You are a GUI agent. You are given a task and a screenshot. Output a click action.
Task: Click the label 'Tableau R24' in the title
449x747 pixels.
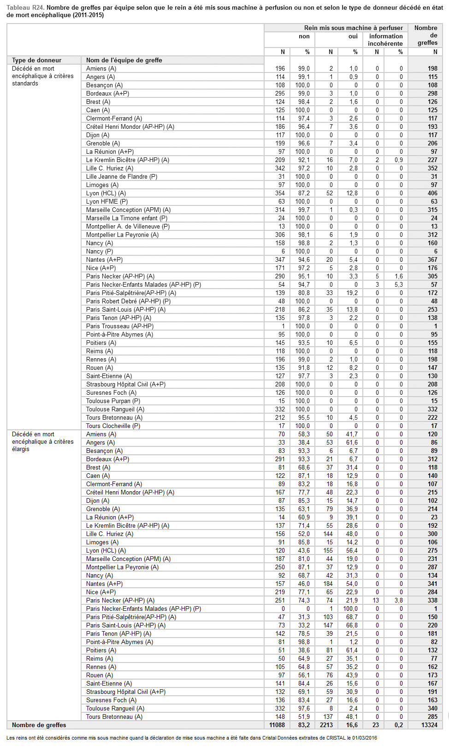pos(25,8)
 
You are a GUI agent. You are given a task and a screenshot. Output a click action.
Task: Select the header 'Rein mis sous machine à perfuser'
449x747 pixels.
pos(353,28)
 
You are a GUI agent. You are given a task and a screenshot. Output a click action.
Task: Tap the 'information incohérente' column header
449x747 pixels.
pos(385,40)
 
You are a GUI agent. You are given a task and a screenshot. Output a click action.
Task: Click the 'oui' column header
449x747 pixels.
pos(353,36)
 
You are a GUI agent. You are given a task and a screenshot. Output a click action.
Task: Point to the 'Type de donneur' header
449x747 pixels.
pos(36,60)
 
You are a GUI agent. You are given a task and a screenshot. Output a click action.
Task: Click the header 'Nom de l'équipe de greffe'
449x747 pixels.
pos(124,60)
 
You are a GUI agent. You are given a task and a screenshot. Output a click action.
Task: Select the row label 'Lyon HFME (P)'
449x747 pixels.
pos(107,202)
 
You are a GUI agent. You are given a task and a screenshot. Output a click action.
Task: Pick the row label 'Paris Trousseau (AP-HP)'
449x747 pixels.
pos(119,326)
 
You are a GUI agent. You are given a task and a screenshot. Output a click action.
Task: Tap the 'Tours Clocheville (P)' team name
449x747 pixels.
pos(113,426)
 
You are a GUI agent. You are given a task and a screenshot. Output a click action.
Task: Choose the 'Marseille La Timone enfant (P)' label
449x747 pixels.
pos(127,218)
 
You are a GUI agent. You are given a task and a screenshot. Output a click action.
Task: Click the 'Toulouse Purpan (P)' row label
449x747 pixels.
pos(113,401)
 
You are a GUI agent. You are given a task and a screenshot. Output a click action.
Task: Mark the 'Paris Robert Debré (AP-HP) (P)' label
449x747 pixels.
pos(128,301)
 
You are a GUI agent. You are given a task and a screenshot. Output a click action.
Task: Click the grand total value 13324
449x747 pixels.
pos(429,725)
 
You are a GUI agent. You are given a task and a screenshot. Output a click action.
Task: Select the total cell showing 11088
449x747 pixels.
pos(277,725)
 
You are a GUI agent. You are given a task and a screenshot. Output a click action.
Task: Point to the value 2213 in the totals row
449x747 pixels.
pos(326,725)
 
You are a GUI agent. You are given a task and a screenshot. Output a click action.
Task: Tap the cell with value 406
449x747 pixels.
pos(432,193)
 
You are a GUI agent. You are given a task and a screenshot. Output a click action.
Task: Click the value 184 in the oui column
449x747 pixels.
pos(328,584)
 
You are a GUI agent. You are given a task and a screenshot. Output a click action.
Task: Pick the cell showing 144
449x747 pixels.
pos(328,534)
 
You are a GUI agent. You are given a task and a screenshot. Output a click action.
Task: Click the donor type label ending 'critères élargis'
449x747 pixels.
pos(42,442)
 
